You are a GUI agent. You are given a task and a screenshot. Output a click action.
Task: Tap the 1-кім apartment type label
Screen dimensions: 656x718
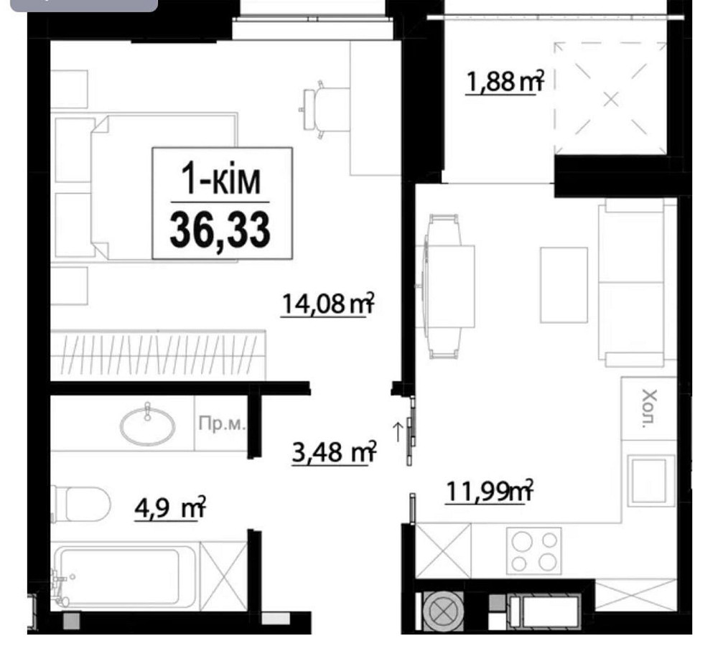pyautogui.click(x=221, y=180)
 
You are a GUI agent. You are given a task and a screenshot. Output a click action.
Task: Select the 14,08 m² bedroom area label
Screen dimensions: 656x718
pyautogui.click(x=328, y=304)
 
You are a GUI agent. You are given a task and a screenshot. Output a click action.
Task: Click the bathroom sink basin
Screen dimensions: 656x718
pyautogui.click(x=147, y=426)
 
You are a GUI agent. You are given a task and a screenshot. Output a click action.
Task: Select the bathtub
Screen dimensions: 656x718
pyautogui.click(x=122, y=577)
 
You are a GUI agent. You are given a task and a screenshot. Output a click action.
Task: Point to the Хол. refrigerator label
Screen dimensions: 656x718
pyautogui.click(x=649, y=408)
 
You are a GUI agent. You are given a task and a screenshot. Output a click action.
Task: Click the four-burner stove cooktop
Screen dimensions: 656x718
pyautogui.click(x=533, y=550)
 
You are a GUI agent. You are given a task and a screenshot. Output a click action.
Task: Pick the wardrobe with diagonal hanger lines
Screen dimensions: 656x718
pyautogui.click(x=158, y=355)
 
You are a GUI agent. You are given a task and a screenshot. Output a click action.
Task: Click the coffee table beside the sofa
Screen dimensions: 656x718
pyautogui.click(x=564, y=284)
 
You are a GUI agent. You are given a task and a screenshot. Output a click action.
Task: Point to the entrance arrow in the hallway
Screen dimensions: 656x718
pyautogui.click(x=396, y=431)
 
